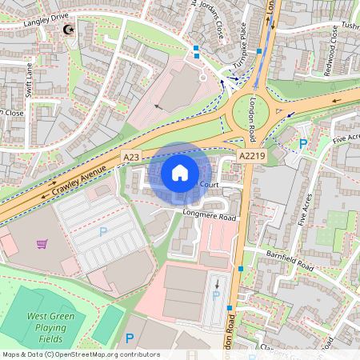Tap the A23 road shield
(131, 158)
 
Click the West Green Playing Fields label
(46, 328)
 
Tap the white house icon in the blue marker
(180, 172)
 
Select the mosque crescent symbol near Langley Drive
(68, 30)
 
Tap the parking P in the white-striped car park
(102, 232)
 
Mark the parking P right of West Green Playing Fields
(130, 339)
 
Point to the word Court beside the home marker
(210, 185)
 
